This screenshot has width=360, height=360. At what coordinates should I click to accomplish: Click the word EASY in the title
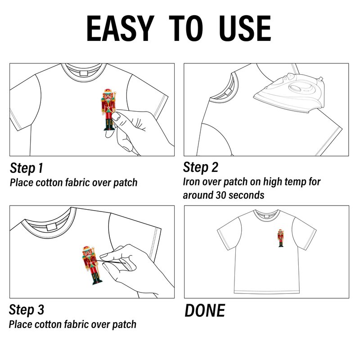[120, 28]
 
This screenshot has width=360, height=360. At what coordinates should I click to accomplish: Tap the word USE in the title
[245, 28]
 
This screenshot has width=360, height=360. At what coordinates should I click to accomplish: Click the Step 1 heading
[27, 168]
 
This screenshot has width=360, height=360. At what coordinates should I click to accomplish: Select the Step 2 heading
[200, 167]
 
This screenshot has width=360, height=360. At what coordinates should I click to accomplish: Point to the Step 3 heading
[27, 310]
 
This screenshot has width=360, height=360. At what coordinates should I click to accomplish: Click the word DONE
[205, 310]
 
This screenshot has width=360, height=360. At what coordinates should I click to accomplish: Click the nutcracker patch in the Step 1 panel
[108, 110]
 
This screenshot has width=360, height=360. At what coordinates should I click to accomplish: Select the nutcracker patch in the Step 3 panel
[91, 265]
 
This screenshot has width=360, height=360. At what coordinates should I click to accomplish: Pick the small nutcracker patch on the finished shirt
[280, 238]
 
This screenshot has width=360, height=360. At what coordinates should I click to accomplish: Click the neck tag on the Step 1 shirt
[84, 73]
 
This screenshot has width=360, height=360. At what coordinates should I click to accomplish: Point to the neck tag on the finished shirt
[266, 216]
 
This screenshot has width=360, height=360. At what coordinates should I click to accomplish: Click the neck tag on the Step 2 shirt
[228, 92]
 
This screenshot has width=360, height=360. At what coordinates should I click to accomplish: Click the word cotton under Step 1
[49, 183]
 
